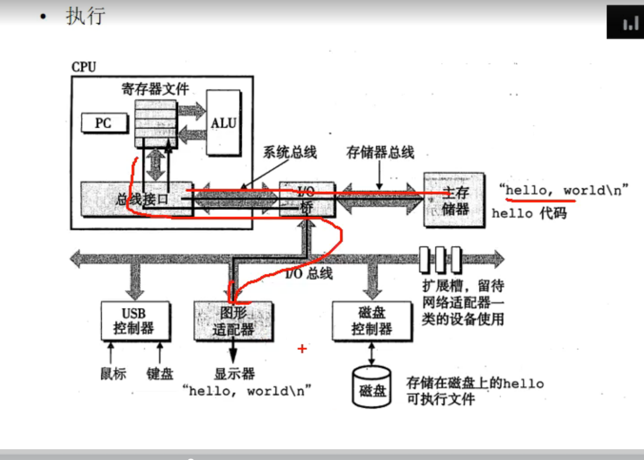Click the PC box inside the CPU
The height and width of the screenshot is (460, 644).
[104, 123]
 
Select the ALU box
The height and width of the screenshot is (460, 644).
[223, 123]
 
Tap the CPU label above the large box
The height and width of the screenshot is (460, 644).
[84, 67]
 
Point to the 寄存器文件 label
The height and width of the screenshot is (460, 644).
[155, 89]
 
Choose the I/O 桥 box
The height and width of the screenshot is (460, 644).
[307, 199]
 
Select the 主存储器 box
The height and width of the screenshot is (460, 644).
[454, 200]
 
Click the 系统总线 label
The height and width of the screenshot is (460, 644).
[290, 153]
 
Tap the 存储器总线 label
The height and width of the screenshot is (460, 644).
[380, 153]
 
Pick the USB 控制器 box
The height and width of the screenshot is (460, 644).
[135, 321]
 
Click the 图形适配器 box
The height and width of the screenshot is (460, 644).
[233, 321]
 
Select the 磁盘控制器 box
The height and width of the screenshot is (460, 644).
[371, 321]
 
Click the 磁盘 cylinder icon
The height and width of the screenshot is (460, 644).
[371, 387]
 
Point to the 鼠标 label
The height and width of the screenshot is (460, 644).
[113, 373]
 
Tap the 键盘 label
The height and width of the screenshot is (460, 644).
[159, 373]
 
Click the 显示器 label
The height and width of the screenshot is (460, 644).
[234, 373]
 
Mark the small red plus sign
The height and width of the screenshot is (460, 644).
[302, 348]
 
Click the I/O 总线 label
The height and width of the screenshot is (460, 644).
[309, 273]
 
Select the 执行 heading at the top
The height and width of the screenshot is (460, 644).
[85, 16]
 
